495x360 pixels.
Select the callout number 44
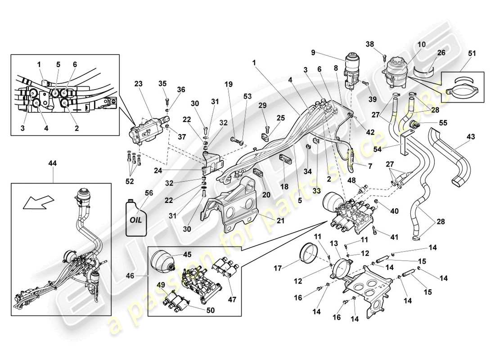pyautogui.click(x=53, y=165)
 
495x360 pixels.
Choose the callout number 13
pyautogui.click(x=333, y=243)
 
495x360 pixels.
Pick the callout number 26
pyautogui.click(x=441, y=53)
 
